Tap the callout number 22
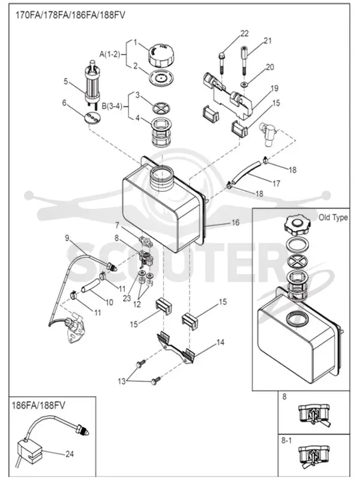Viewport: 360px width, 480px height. tap(244, 34)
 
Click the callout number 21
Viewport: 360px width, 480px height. tap(268, 40)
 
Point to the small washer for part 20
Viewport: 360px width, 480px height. tap(244, 84)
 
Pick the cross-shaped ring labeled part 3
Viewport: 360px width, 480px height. tap(161, 108)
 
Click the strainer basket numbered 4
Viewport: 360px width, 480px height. tap(161, 132)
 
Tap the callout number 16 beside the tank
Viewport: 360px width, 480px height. tap(235, 223)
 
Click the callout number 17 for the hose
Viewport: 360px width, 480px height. tap(276, 184)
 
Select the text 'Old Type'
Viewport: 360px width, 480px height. tap(333, 217)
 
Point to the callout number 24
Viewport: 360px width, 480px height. tap(70, 454)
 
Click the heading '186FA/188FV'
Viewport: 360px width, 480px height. tap(38, 406)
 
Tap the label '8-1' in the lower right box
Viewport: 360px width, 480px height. tap(286, 440)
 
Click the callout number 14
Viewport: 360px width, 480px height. tap(220, 342)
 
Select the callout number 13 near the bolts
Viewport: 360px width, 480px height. tap(122, 382)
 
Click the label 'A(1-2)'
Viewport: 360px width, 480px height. tap(110, 54)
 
